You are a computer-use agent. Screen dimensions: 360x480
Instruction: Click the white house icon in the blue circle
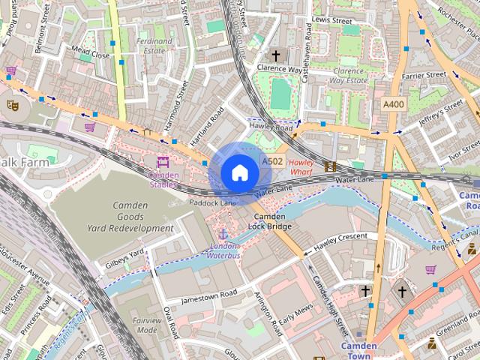[x=239, y=172]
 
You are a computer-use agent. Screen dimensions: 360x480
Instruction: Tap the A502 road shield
[x=271, y=161]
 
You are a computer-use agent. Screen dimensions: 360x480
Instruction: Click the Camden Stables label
[x=163, y=179]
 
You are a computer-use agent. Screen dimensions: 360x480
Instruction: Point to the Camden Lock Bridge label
[x=268, y=220]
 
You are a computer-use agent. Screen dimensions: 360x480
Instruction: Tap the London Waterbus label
[x=223, y=250]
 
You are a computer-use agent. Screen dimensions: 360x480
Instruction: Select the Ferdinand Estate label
[x=154, y=46]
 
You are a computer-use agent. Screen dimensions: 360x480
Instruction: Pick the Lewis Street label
[x=331, y=20]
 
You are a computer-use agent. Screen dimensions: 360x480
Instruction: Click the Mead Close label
[x=90, y=55]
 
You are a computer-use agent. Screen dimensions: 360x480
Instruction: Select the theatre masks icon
[x=11, y=105]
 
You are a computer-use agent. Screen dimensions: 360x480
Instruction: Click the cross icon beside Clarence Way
[x=275, y=55]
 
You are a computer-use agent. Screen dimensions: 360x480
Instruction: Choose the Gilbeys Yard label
[x=124, y=257]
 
